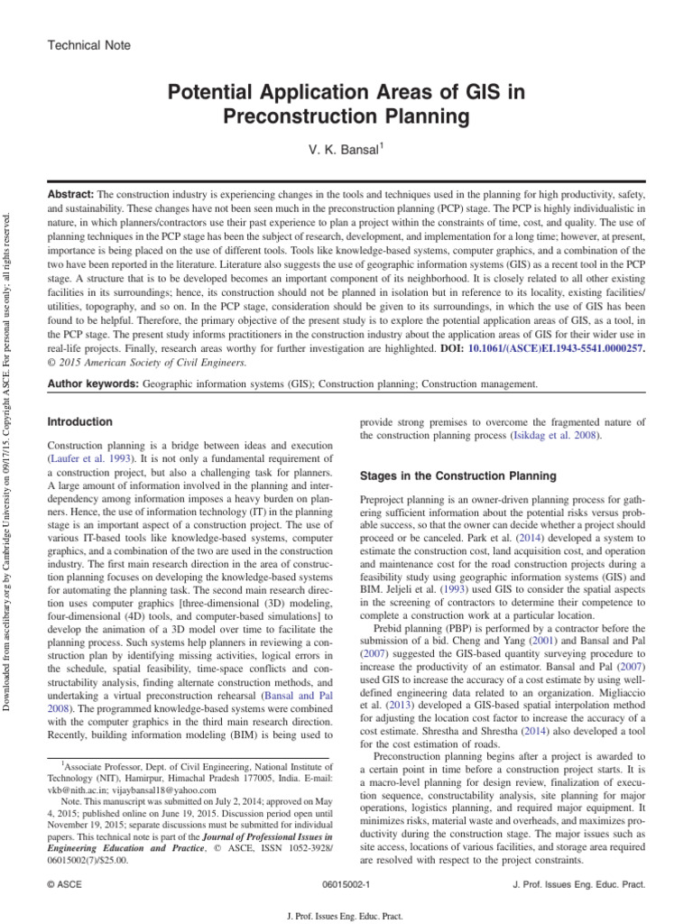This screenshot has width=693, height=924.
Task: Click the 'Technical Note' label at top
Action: [x=88, y=45]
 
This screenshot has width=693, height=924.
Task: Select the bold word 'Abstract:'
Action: [x=70, y=195]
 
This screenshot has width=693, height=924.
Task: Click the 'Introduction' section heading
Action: [x=80, y=422]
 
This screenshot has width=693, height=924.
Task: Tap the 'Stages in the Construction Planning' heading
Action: [x=458, y=476]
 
